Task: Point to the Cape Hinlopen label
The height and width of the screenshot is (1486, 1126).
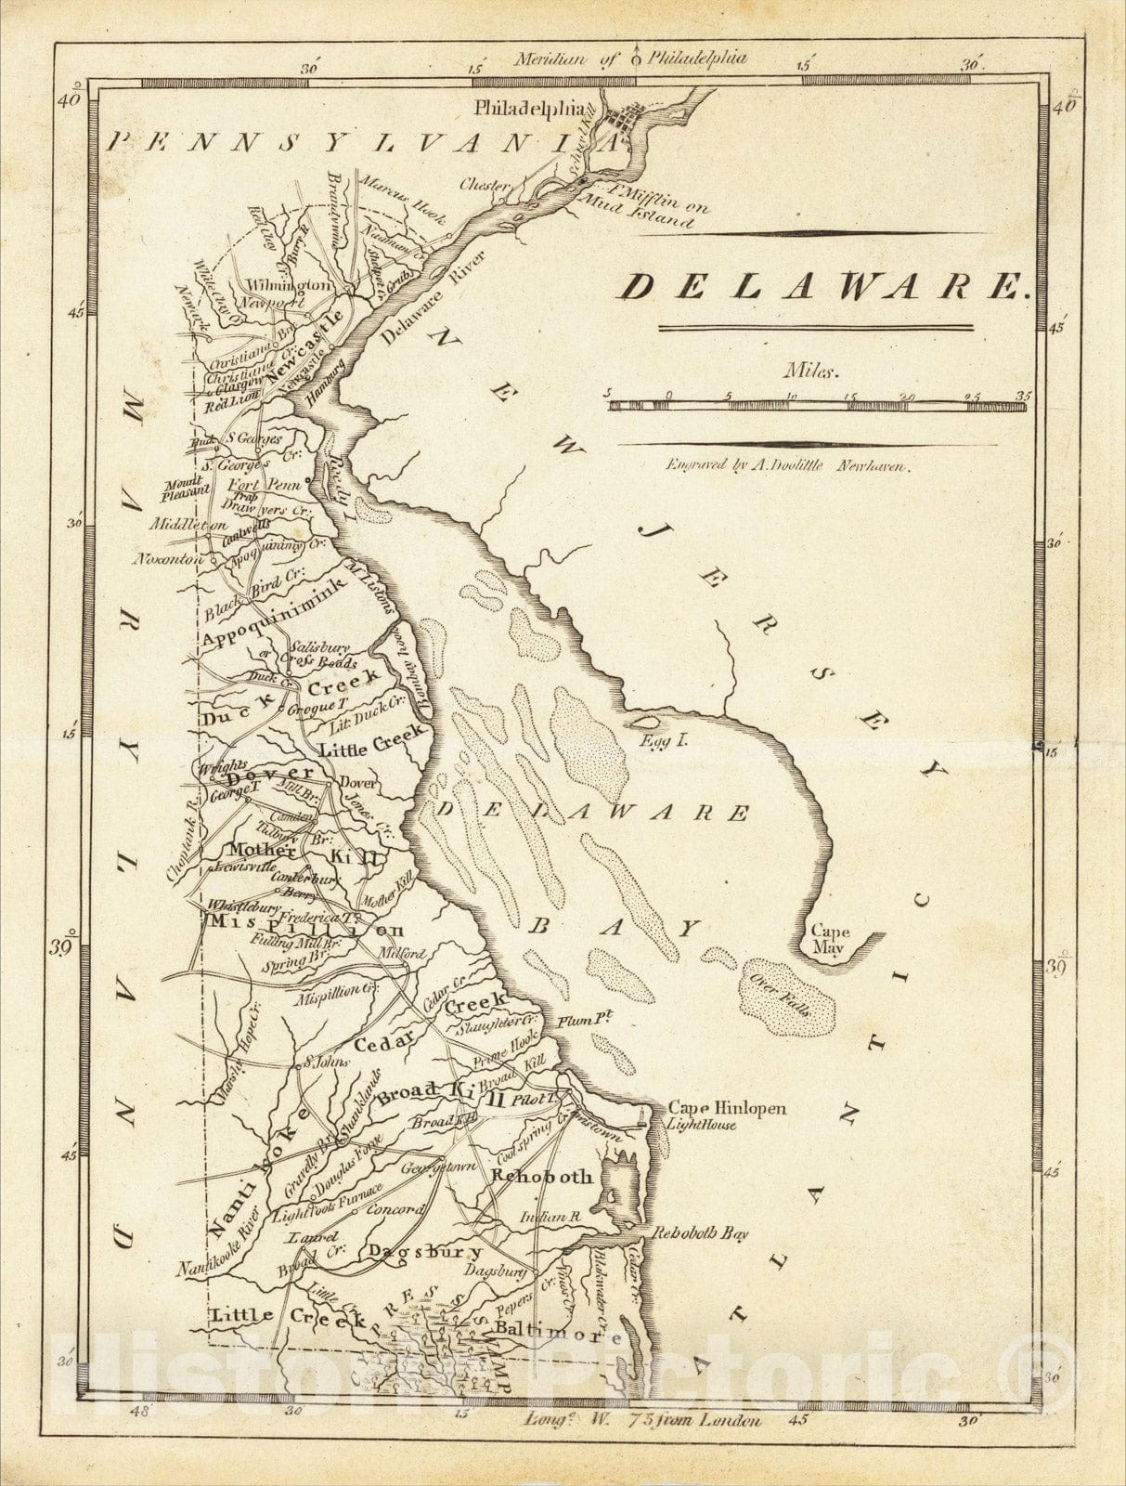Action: coord(727,1108)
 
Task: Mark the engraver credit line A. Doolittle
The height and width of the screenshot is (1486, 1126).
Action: coord(809,469)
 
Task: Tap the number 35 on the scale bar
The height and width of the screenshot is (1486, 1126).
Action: coord(1023,396)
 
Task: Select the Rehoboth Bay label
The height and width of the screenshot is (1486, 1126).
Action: coord(700,1234)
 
